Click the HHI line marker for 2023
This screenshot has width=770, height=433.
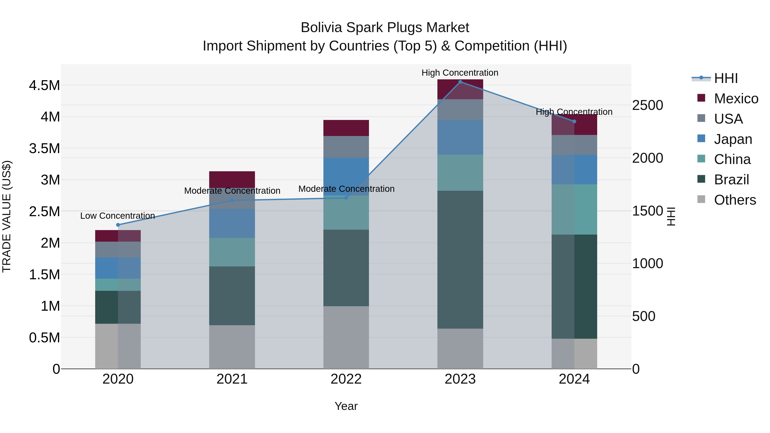(x=460, y=82)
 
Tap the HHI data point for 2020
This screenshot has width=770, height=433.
(x=118, y=225)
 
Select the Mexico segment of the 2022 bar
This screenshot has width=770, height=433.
(x=346, y=128)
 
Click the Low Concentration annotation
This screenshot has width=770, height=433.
(x=117, y=216)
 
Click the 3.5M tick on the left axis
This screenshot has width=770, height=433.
(x=44, y=149)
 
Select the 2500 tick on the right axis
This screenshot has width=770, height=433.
(x=647, y=105)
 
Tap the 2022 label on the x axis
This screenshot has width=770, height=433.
(x=346, y=379)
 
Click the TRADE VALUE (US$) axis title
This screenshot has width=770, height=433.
(x=7, y=216)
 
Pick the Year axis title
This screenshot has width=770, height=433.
(x=346, y=406)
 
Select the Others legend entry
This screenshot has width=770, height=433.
(x=735, y=200)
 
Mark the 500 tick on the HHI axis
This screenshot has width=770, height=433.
(x=644, y=316)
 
